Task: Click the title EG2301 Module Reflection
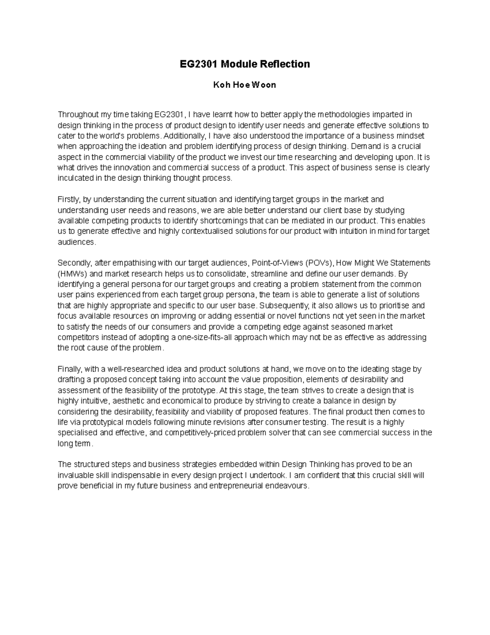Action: pyautogui.click(x=245, y=64)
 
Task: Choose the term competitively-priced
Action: pyautogui.click(x=185, y=433)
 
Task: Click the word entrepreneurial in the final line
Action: pyautogui.click(x=236, y=486)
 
